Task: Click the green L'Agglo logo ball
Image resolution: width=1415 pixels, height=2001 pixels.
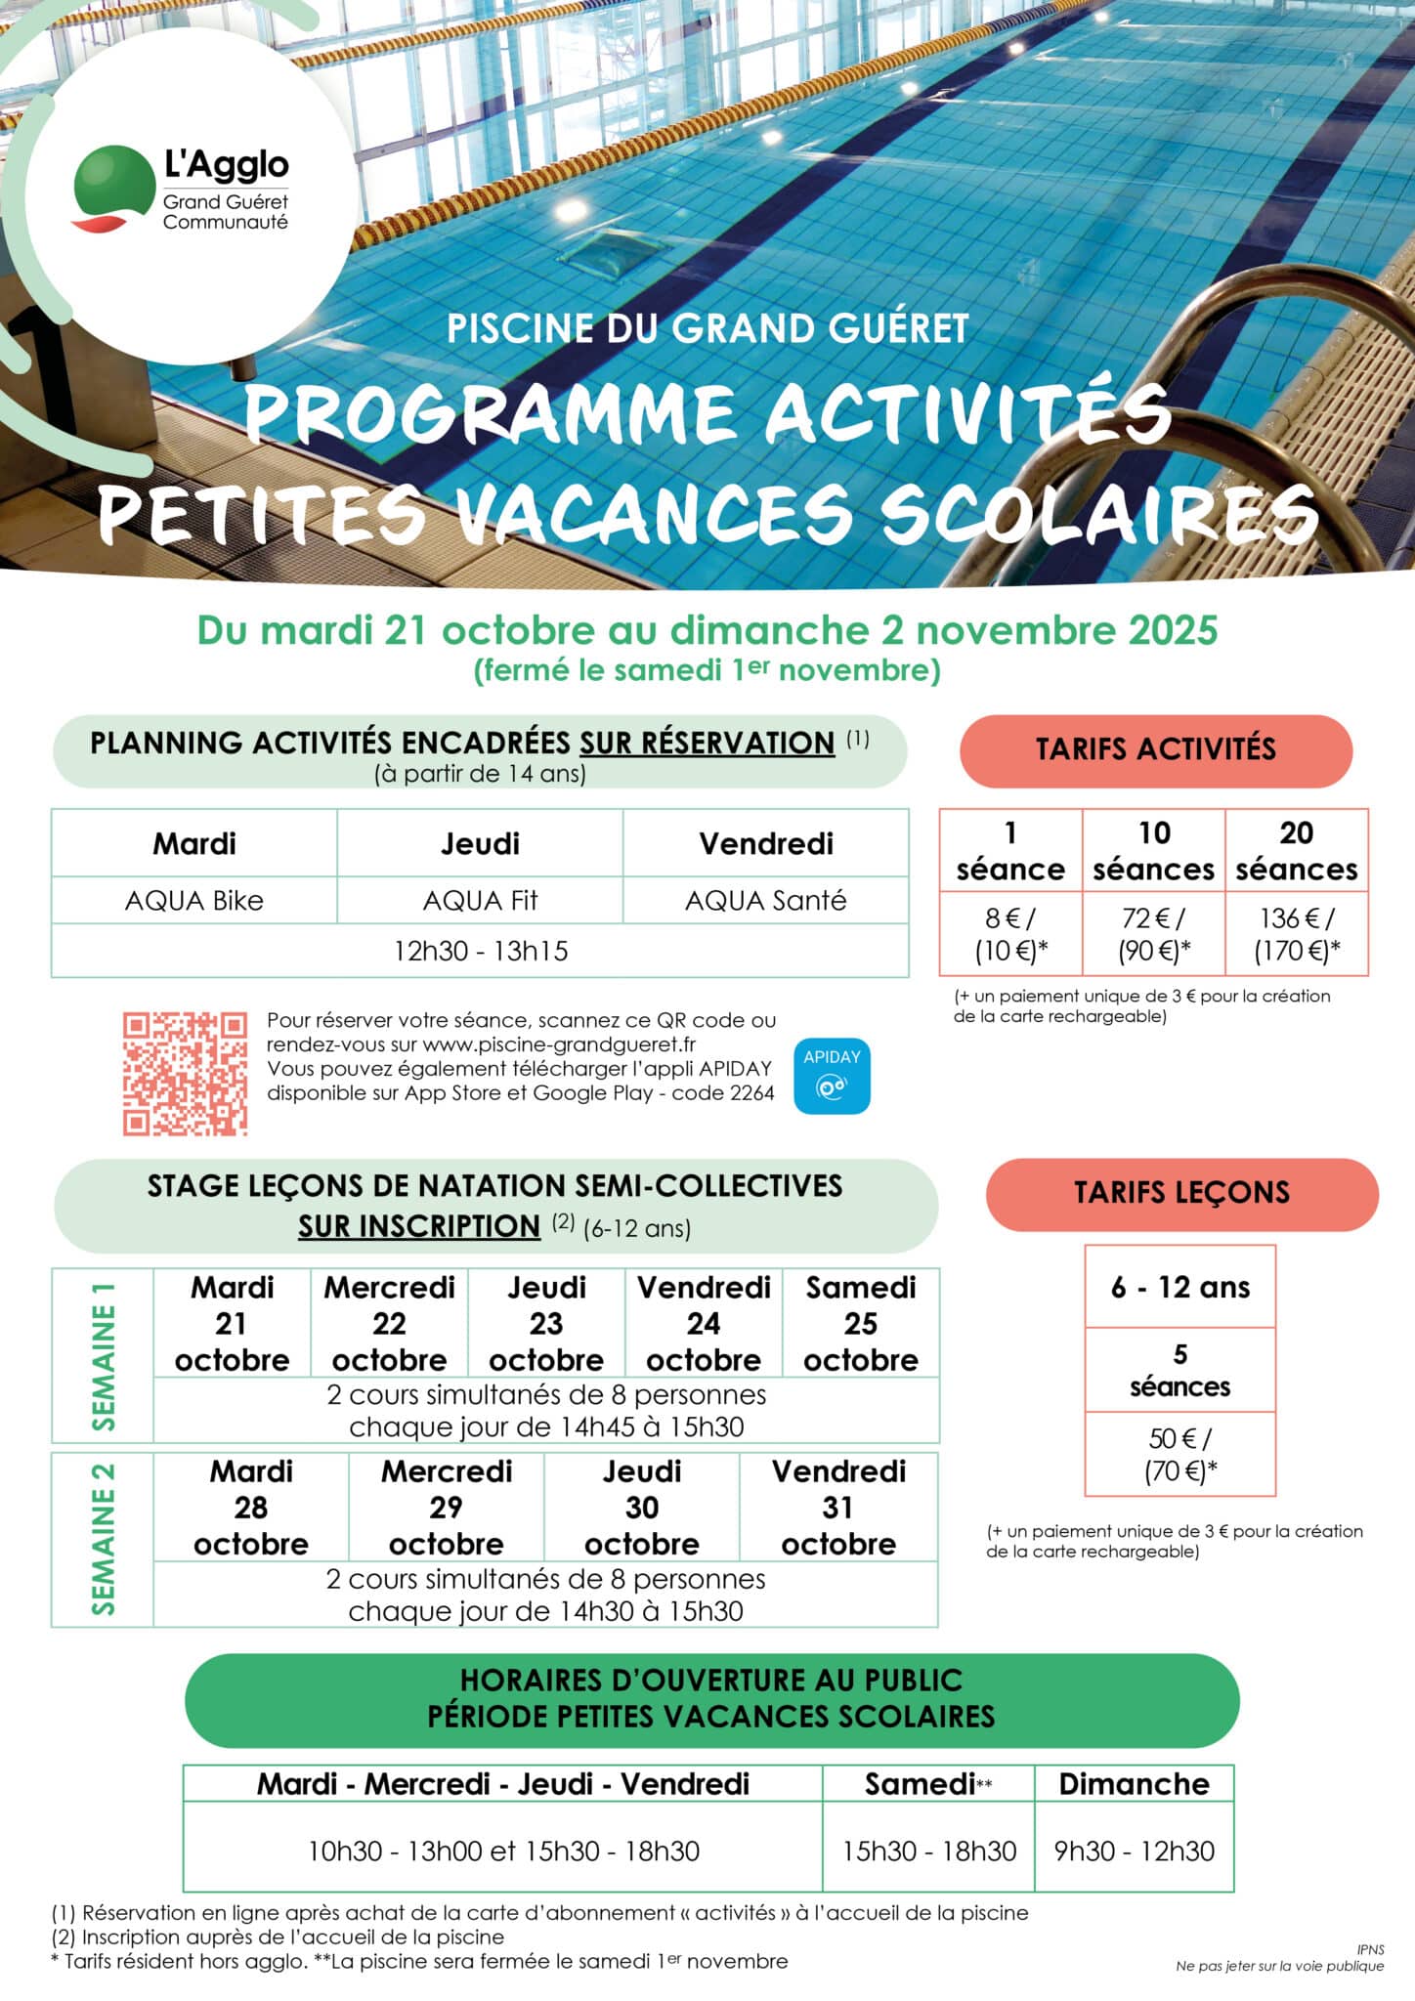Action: (113, 184)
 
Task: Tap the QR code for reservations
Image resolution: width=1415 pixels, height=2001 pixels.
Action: (185, 1074)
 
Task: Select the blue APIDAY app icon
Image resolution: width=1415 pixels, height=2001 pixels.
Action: (832, 1076)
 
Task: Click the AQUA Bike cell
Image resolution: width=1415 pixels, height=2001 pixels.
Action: (194, 900)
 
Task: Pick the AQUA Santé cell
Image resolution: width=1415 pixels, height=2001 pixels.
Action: (765, 900)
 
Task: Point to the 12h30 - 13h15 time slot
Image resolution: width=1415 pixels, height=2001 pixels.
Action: (480, 951)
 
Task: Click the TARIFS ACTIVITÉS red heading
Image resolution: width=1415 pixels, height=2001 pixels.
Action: (1156, 749)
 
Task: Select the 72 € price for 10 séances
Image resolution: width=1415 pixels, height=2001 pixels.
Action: (1154, 934)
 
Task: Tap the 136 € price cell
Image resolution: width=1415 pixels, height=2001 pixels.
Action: (1297, 934)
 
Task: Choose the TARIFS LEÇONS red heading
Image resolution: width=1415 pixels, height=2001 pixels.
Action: (1181, 1193)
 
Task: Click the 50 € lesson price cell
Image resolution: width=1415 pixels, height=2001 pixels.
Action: (1180, 1454)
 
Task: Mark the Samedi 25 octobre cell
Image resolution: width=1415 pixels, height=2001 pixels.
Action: (861, 1323)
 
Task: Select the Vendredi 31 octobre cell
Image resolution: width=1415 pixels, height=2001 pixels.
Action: (838, 1507)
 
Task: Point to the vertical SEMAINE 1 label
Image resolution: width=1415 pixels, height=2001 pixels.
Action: (104, 1355)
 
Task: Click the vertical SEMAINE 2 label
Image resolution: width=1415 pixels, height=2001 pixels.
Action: (104, 1539)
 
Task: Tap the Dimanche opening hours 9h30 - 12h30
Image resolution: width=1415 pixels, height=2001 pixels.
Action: (1135, 1851)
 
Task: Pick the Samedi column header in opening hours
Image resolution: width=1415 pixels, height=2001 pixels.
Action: (927, 1784)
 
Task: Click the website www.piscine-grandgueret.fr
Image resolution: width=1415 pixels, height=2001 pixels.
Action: (559, 1044)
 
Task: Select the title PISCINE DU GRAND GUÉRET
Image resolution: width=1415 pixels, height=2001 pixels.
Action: (707, 328)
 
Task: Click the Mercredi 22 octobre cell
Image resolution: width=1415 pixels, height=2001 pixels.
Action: (389, 1323)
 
